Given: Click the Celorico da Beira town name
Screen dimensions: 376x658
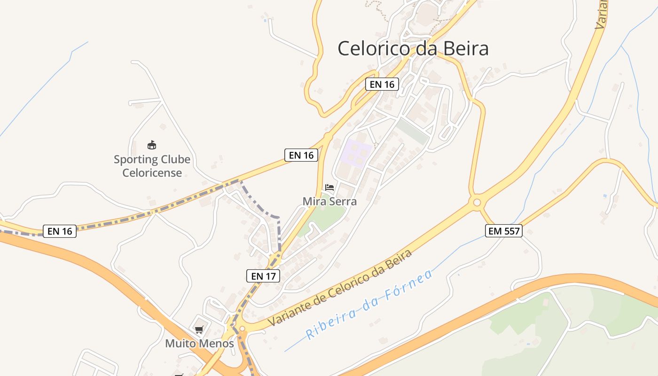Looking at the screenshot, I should [413, 48].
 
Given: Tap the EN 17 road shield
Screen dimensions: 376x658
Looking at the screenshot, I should [263, 276].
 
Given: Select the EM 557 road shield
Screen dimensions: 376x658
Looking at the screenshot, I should [504, 230].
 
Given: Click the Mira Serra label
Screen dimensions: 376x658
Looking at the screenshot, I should [329, 202].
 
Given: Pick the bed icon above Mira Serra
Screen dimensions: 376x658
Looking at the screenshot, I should [329, 188].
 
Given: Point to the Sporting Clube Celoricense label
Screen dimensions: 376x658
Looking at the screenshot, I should [152, 166].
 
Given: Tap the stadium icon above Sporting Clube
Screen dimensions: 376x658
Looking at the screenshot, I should [151, 145].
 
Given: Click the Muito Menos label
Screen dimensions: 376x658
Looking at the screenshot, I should [199, 344].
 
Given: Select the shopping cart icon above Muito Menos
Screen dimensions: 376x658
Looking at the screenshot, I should [199, 330].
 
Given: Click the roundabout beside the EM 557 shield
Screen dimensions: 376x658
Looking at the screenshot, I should [477, 203].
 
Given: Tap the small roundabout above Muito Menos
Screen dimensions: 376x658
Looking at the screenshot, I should [242, 329].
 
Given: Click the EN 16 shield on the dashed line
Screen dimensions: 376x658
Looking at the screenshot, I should [60, 231].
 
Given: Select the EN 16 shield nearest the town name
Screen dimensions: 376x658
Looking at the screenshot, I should [382, 84].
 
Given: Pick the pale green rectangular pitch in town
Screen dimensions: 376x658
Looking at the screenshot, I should [413, 131].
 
